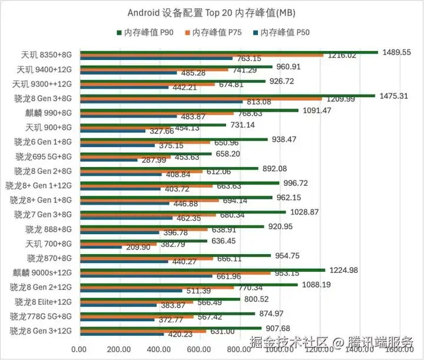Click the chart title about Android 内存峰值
point(211,13)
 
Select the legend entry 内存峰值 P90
point(148,32)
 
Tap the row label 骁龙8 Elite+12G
point(44,302)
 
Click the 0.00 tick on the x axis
point(79,349)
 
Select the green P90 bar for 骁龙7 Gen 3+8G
point(183,212)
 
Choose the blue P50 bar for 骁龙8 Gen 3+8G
point(161,102)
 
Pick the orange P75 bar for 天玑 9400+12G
point(154,69)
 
